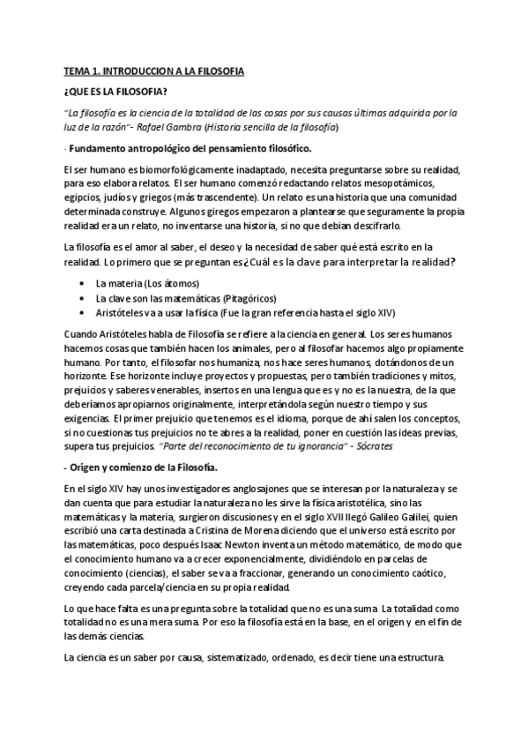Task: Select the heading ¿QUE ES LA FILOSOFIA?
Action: click(114, 91)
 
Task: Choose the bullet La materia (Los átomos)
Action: click(147, 284)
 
